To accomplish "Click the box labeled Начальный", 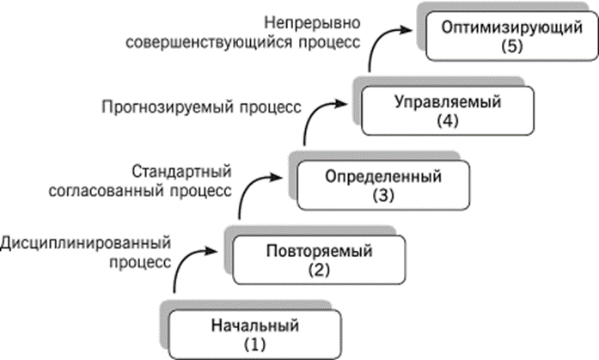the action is click(x=255, y=334).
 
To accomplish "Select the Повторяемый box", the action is click(x=320, y=260).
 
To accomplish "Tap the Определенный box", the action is click(x=383, y=185).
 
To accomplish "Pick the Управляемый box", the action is click(x=448, y=111).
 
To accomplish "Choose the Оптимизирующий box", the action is click(x=512, y=36).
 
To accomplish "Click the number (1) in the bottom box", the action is click(x=254, y=345).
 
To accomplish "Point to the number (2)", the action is click(x=319, y=271).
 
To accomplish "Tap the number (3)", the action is click(x=383, y=195).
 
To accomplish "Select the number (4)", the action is click(x=448, y=121).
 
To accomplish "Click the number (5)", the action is click(x=512, y=46).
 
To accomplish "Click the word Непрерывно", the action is click(x=313, y=23).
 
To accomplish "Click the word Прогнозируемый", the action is click(x=168, y=107).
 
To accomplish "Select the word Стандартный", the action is click(x=182, y=172).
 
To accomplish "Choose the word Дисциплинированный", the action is click(x=86, y=243).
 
